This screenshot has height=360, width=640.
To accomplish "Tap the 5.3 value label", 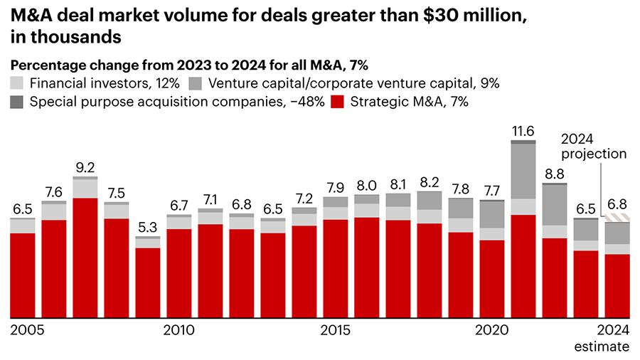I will (x=148, y=228).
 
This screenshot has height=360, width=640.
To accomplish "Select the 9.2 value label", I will (x=85, y=168).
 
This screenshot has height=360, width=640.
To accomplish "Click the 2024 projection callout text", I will (x=594, y=146).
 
